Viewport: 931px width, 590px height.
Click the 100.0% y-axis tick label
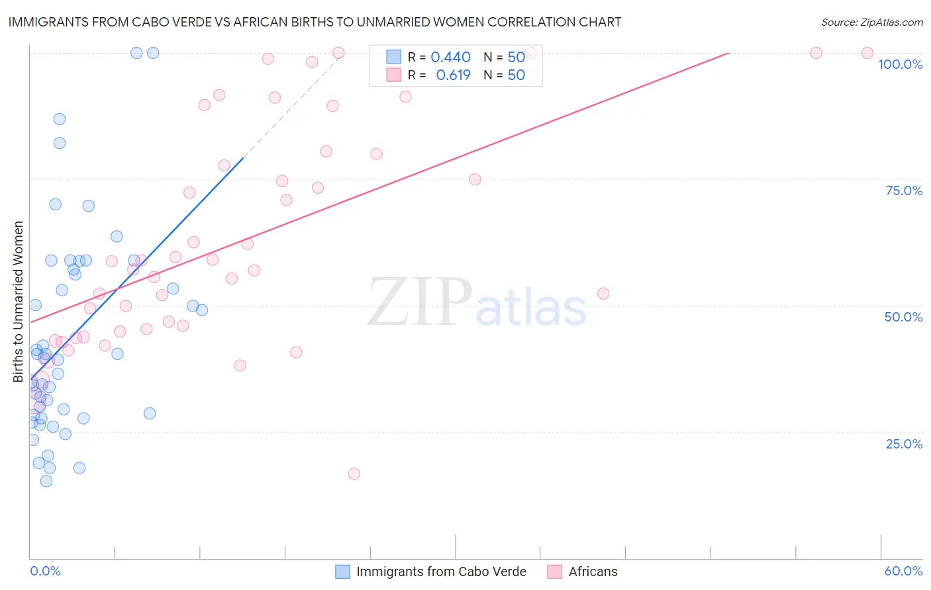900,64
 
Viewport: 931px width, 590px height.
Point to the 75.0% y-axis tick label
904,190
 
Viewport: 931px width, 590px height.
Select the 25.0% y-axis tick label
904,443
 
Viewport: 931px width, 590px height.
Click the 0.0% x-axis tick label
45,571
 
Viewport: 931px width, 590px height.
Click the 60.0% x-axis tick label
903,571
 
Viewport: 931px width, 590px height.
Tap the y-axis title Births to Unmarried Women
19,302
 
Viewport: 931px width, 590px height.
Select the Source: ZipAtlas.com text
871,22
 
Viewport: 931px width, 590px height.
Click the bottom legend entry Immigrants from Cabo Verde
441,571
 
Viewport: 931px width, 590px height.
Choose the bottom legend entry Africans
593,571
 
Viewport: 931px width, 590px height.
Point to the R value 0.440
450,58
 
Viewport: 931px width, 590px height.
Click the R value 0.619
453,75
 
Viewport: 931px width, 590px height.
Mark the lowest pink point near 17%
354,474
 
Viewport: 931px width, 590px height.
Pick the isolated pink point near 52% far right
603,294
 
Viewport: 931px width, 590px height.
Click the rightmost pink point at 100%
867,53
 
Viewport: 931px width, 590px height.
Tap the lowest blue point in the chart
46,481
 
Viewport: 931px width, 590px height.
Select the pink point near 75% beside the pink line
475,179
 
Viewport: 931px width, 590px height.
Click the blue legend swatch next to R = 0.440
394,57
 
